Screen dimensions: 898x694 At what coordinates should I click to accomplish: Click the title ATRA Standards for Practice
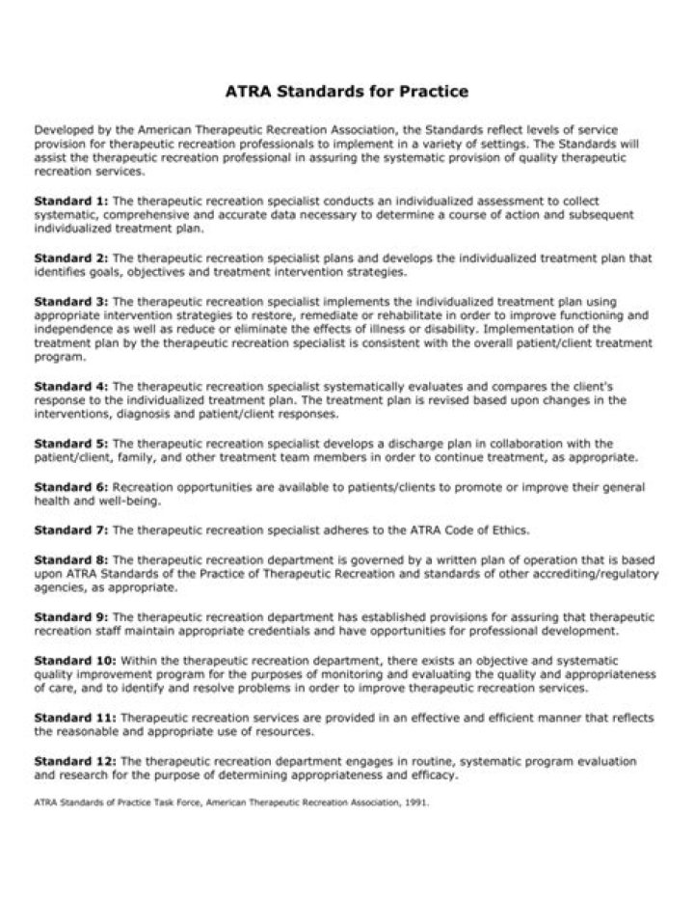tap(346, 93)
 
